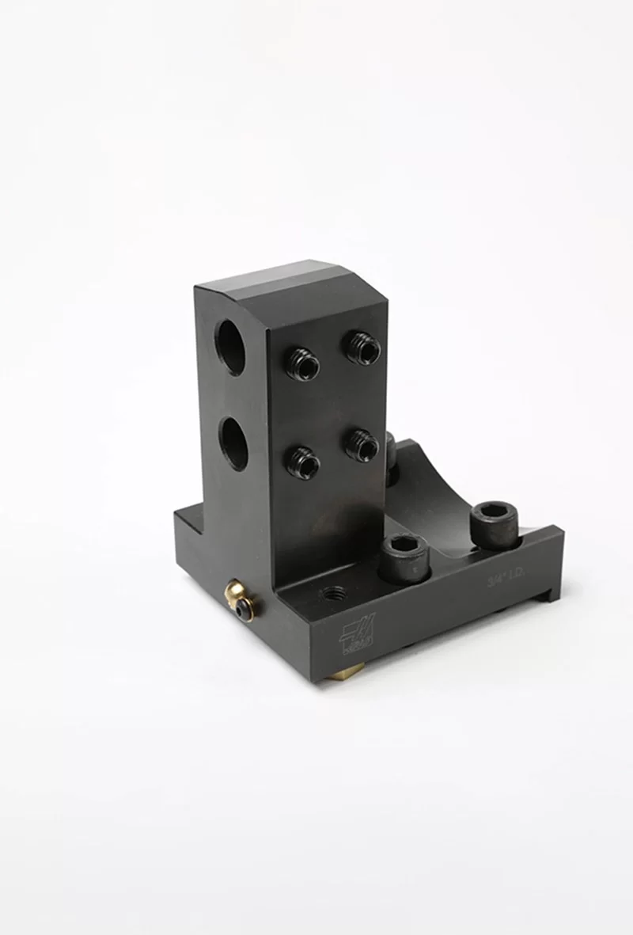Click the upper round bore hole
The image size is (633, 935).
(x=231, y=348)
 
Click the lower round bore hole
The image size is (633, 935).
(x=233, y=443)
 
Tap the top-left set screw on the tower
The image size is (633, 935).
(x=303, y=364)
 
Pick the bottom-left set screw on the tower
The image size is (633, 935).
(x=303, y=462)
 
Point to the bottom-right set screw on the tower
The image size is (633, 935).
(x=362, y=445)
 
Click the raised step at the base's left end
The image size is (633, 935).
(x=188, y=519)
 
